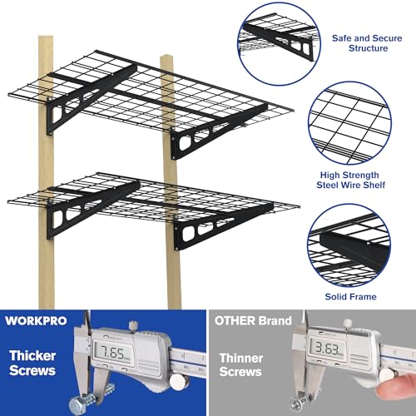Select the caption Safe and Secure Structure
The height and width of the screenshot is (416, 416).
pyautogui.click(x=359, y=42)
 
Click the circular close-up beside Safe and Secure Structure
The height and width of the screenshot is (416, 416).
pyautogui.click(x=274, y=37)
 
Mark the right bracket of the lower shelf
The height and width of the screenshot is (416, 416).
pyautogui.click(x=208, y=233)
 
